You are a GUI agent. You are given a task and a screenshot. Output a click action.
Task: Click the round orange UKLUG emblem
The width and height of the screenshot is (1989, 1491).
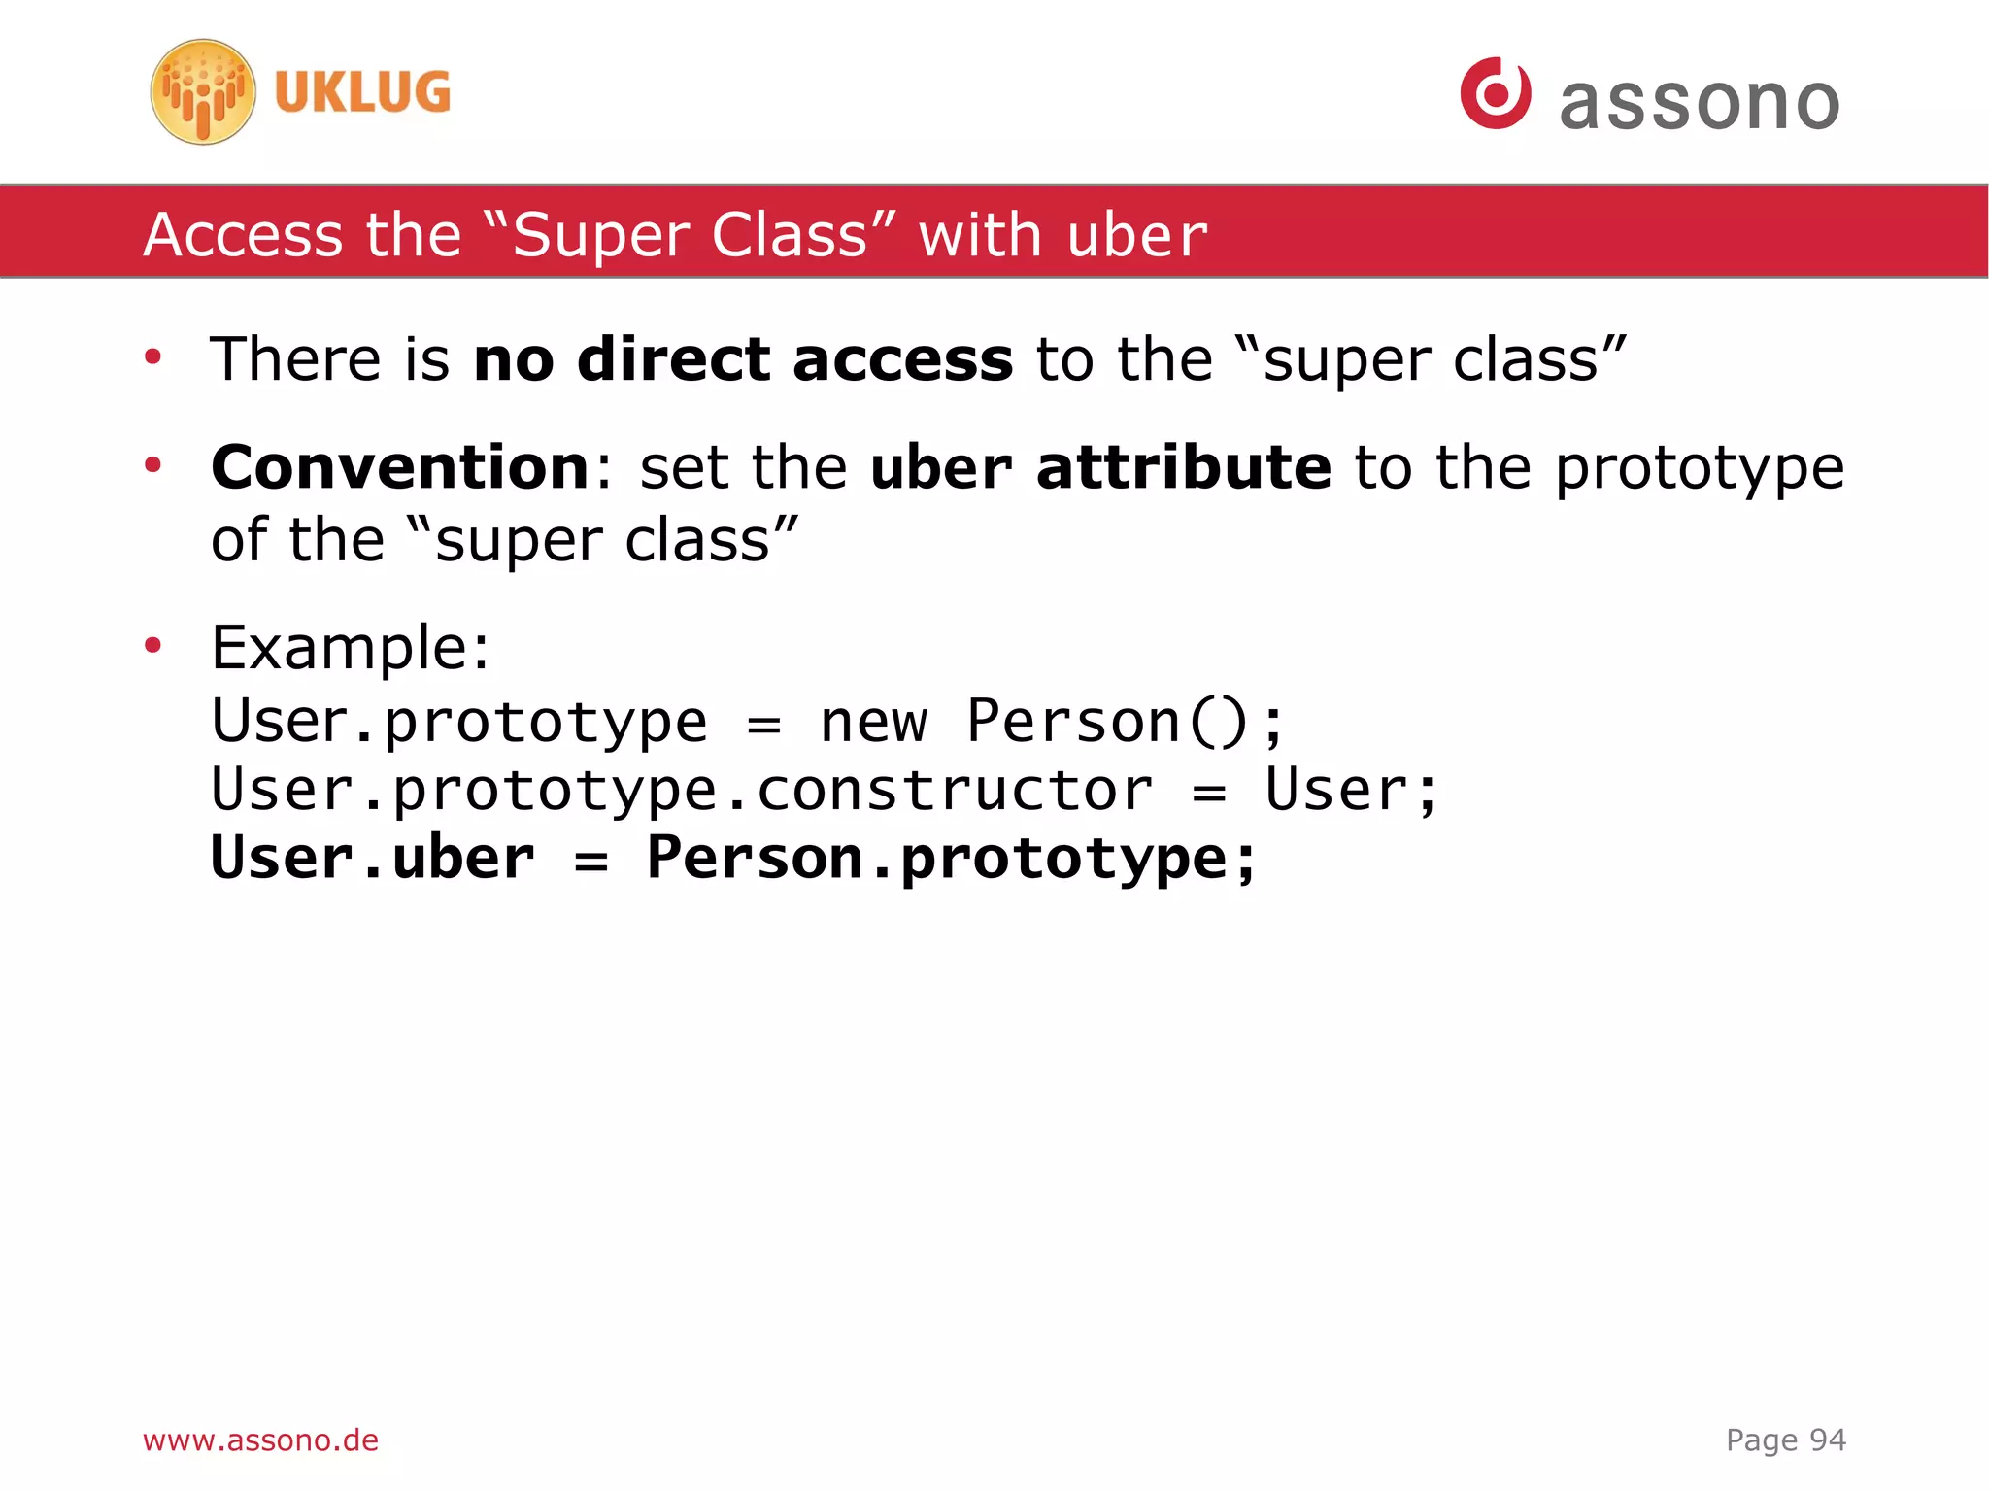click(203, 92)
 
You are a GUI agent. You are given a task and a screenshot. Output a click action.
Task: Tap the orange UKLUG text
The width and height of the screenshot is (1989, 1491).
click(362, 93)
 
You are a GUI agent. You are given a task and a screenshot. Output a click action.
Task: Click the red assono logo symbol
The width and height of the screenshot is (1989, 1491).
click(1495, 93)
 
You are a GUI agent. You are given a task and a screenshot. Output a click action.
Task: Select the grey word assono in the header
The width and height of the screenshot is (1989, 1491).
click(1699, 103)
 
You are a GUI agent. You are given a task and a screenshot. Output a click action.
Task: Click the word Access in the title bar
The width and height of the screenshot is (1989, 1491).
click(243, 235)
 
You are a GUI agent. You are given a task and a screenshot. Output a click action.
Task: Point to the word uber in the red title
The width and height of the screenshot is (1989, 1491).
click(1136, 236)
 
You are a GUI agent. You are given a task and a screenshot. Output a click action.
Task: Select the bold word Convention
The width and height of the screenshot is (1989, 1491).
click(399, 467)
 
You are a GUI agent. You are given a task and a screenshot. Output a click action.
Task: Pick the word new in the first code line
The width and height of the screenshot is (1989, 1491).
click(873, 723)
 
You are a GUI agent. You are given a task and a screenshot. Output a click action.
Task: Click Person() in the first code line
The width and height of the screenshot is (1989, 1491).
click(1107, 723)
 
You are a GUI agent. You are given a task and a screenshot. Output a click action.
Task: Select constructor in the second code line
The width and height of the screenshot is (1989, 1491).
click(954, 790)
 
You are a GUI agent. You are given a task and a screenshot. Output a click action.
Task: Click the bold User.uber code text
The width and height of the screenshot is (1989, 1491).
click(372, 859)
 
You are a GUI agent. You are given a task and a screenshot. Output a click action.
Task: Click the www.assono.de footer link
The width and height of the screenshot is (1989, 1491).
click(260, 1440)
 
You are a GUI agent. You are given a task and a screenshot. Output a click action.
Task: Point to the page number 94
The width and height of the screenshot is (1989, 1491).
click(1827, 1440)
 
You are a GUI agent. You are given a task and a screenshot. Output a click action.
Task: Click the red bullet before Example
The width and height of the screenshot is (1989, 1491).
click(152, 645)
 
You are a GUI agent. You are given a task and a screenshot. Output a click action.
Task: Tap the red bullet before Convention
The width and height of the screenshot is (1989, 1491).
click(152, 465)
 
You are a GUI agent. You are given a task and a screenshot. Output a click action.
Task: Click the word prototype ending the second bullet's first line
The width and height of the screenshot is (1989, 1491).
click(1699, 469)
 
